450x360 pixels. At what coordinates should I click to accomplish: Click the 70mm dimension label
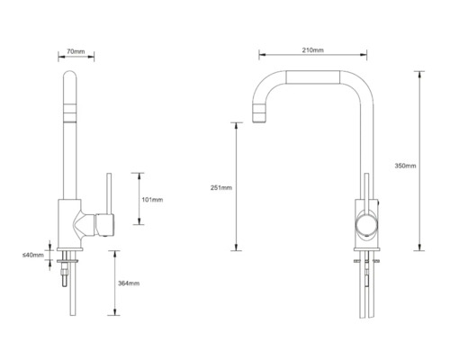(76, 52)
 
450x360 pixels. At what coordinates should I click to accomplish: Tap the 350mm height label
(405, 165)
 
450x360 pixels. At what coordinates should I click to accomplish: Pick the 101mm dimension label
(150, 199)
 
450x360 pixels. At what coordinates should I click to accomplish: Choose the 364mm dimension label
(128, 283)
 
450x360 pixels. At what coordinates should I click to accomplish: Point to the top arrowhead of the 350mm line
(419, 72)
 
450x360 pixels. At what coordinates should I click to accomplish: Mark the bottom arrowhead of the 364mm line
(114, 314)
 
